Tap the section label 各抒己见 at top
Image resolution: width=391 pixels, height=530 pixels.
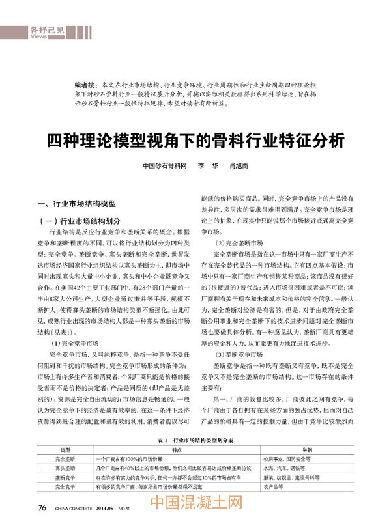point(46,30)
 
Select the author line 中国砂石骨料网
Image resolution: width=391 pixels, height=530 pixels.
point(165,166)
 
